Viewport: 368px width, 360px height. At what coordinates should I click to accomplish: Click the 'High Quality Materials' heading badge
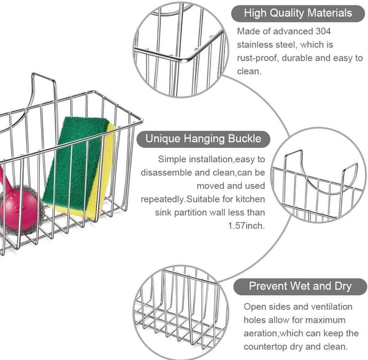(x=298, y=13)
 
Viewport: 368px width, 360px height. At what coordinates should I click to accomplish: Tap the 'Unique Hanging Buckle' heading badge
(x=203, y=139)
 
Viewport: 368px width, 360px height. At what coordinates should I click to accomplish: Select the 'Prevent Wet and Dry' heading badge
(x=300, y=286)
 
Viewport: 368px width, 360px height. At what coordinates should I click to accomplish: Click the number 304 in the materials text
(x=323, y=31)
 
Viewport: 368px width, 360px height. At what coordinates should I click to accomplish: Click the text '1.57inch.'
(x=247, y=226)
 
